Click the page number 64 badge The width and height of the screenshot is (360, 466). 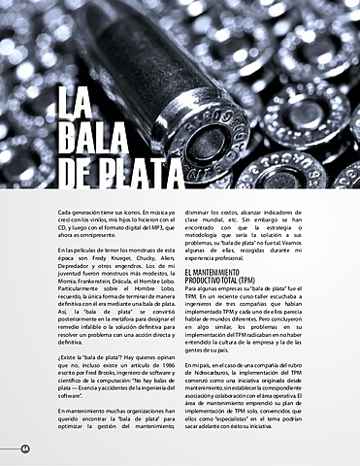tap(24, 448)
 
